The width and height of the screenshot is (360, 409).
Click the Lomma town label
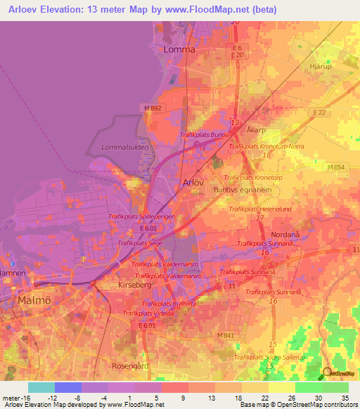[178, 50]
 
